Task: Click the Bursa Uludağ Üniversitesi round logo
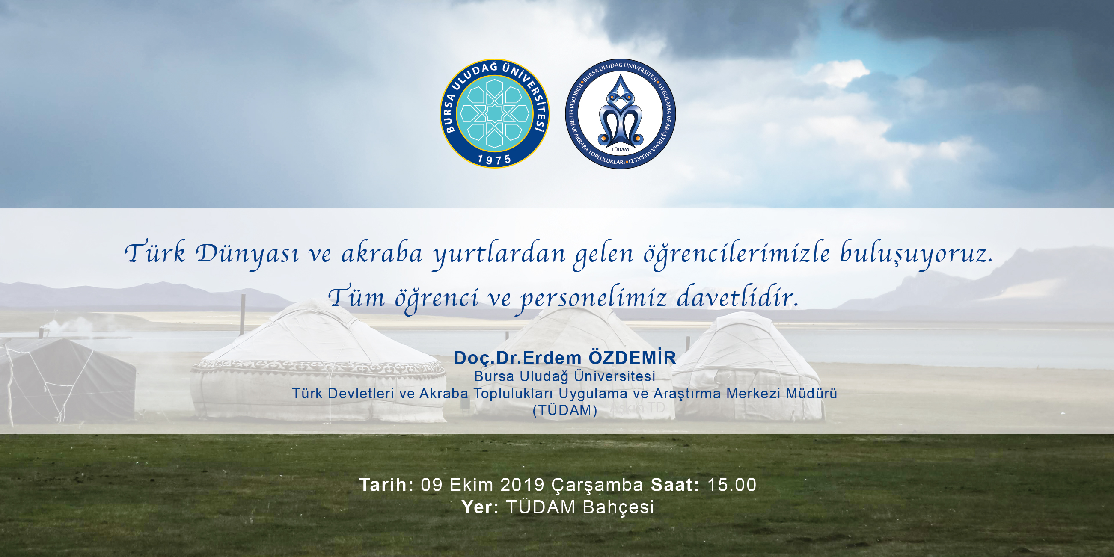tap(495, 114)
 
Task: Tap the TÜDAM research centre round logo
tap(620, 114)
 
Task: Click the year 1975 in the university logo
tap(494, 160)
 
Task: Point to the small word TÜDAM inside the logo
tap(620, 149)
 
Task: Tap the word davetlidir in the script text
tap(737, 297)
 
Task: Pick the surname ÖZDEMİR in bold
tap(633, 358)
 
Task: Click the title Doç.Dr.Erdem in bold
tap(518, 358)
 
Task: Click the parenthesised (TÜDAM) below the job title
tap(565, 410)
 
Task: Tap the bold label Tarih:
tap(386, 485)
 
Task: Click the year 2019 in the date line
tap(523, 485)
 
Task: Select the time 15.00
tap(732, 485)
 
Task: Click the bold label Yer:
tap(480, 507)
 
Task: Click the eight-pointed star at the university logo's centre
tap(494, 114)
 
